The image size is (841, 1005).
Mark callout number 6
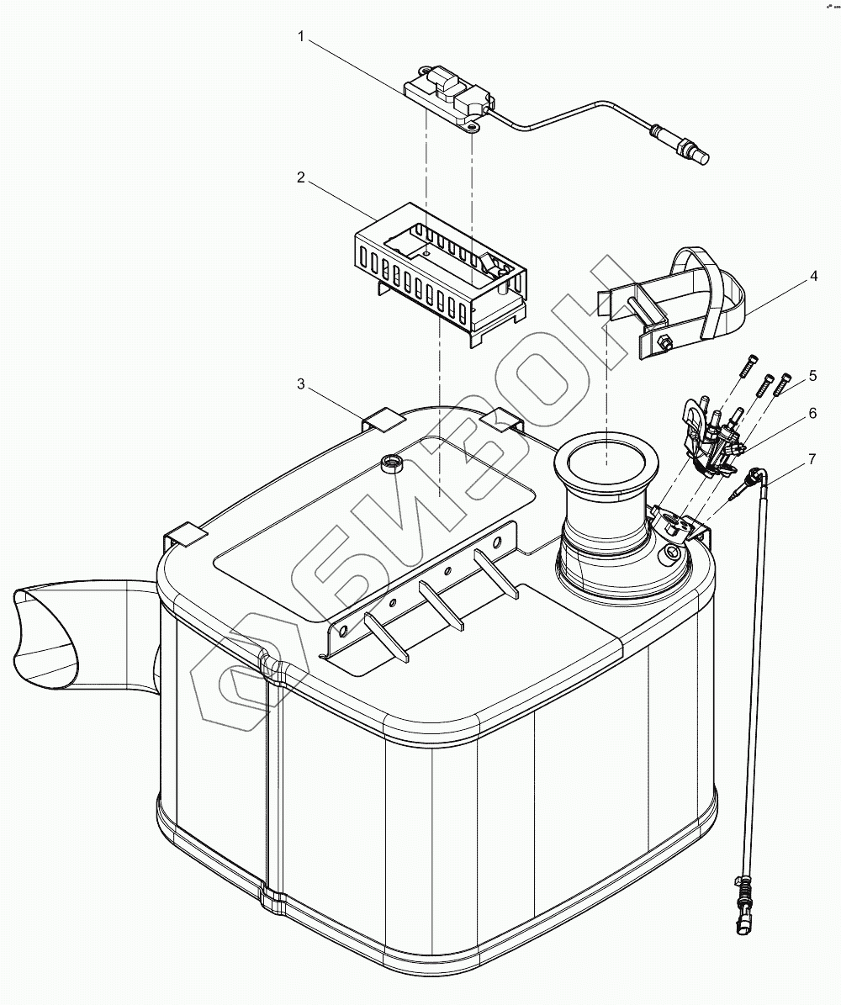click(812, 414)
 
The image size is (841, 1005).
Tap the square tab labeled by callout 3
click(384, 418)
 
